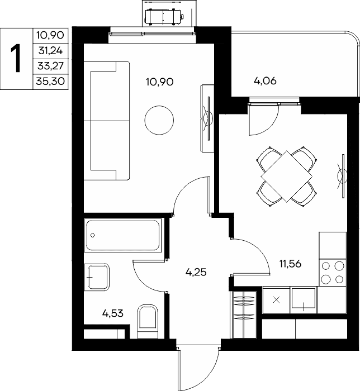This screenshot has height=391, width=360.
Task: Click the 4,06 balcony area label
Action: pos(265,81)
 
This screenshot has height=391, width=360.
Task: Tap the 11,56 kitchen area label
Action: pos(290,264)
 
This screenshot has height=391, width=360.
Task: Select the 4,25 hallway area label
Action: pos(196,272)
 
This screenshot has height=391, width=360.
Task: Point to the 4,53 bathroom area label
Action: pos(113,313)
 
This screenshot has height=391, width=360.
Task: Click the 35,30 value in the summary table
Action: pos(50,82)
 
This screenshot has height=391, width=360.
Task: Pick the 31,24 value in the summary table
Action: pos(50,51)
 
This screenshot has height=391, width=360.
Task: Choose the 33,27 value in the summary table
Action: pos(51,66)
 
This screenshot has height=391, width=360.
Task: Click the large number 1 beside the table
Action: pos(17,59)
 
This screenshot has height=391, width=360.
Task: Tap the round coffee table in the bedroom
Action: pos(159,120)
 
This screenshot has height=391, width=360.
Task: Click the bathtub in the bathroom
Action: pos(123,235)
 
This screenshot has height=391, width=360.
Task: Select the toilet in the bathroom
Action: pos(148,321)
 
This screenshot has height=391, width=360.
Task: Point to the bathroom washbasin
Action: pos(97,277)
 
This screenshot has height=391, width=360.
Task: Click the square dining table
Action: pos(286,177)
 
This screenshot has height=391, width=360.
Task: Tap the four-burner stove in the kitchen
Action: pos(333,273)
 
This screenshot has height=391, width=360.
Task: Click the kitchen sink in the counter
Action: pos(304,300)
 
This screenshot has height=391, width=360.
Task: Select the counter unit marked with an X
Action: pos(276,300)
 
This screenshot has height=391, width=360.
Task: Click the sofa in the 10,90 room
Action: pos(107,121)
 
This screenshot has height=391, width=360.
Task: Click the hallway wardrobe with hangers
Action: pos(244,313)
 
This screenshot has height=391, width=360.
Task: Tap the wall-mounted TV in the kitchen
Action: pos(342,176)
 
